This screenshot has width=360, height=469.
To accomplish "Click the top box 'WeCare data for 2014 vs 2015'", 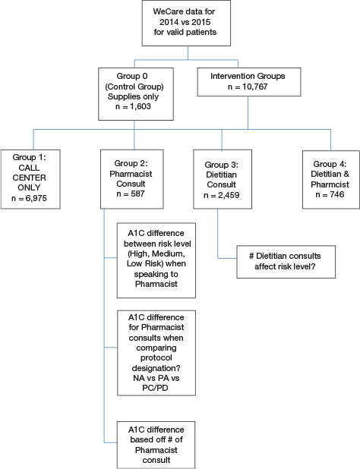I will click(179, 24).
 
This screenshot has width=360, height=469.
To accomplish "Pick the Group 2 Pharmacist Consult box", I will click(134, 179).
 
